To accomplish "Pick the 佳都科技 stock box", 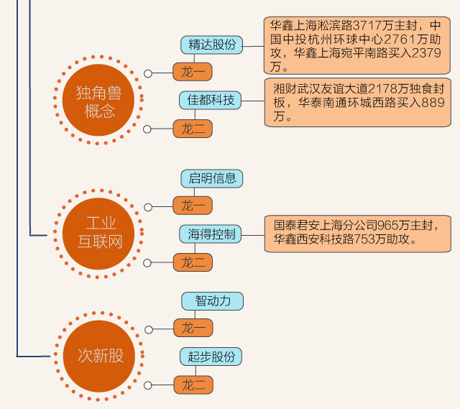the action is pos(211,100).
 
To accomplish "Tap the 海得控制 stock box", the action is pos(211,234).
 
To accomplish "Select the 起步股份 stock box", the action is pos(211,357).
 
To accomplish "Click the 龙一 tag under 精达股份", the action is pos(193,73).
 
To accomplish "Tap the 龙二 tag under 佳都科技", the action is pos(193,129).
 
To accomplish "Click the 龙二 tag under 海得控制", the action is pos(193,262).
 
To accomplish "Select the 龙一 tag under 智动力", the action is pos(193,328).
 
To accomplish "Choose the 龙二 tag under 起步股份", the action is pos(193,385).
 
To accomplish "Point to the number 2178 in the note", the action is pos(387,88).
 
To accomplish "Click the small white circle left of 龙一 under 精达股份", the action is pos(148,73).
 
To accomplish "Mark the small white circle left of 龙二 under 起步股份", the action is pos(148,386).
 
